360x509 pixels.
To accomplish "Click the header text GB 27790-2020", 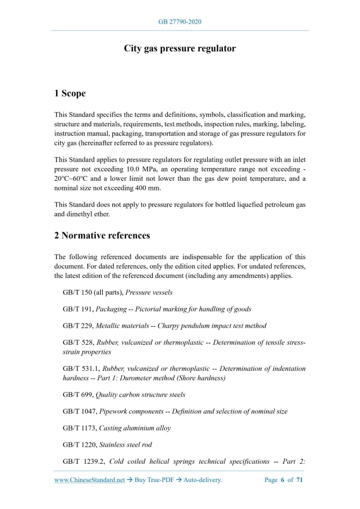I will click(x=180, y=22).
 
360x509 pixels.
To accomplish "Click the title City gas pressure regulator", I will click(x=180, y=48).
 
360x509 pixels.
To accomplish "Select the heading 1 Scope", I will click(x=70, y=93).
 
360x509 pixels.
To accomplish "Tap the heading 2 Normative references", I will click(x=102, y=235).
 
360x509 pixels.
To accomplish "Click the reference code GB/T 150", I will click(x=77, y=292).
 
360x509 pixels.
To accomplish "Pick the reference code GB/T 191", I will click(x=77, y=309).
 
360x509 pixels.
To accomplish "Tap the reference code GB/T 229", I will click(x=77, y=326).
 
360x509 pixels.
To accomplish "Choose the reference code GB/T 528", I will click(x=77, y=343).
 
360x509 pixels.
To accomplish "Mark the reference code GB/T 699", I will click(x=77, y=395).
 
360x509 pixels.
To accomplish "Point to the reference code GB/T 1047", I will click(x=79, y=411).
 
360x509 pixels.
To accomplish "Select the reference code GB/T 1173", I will click(x=79, y=428).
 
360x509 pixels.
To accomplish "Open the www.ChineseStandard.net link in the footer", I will click(x=89, y=480).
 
